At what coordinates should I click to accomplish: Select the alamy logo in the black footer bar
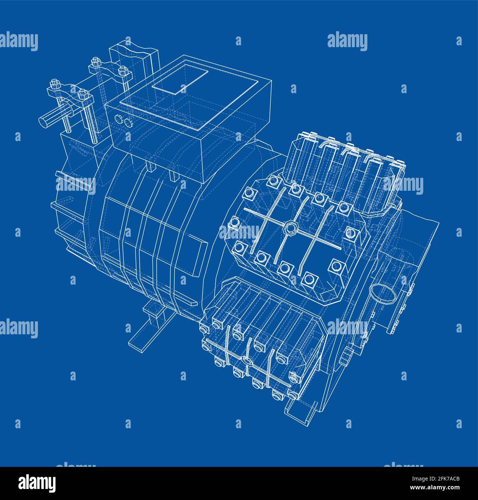(x=38, y=483)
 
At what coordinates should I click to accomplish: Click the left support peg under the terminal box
(x=150, y=167)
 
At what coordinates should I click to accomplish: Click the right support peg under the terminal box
(x=173, y=176)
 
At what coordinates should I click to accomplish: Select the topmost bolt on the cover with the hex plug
(x=273, y=180)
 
